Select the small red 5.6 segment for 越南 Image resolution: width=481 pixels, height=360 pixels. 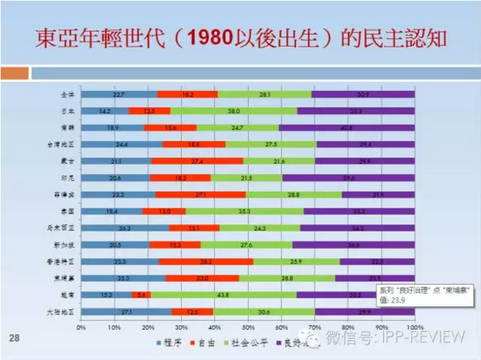coord(141,295)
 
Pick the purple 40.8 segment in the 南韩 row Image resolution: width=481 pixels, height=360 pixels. coord(346,127)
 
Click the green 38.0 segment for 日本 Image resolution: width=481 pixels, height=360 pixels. coord(234,110)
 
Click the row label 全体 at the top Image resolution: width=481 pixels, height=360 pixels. coord(70,94)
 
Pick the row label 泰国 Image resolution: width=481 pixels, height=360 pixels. coord(70,211)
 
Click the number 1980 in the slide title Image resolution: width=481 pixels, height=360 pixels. coord(217,38)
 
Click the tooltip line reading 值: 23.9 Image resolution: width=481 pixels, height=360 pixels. coord(395,298)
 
